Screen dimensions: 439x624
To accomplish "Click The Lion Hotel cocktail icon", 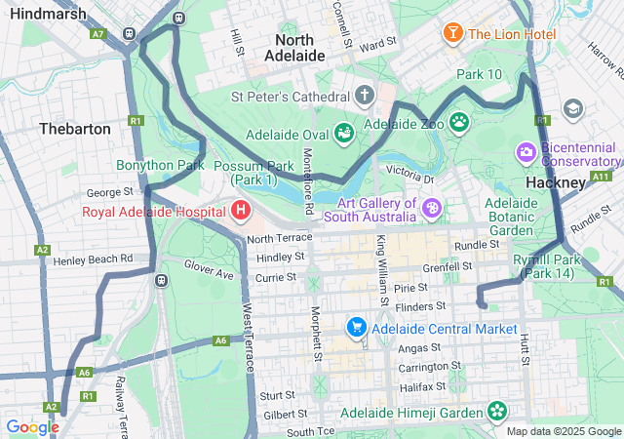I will click(453, 34).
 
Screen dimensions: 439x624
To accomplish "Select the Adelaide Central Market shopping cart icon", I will click(357, 329).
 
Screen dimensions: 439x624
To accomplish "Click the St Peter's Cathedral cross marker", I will click(365, 97).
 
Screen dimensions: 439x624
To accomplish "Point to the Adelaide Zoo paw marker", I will click(458, 124).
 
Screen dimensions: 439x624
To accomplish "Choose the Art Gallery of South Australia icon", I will click(432, 209).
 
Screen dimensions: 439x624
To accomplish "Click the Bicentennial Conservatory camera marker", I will click(526, 152).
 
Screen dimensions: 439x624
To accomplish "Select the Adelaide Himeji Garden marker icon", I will click(498, 412).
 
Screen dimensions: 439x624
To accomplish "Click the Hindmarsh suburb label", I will click(44, 14).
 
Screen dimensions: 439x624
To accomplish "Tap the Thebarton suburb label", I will click(75, 129).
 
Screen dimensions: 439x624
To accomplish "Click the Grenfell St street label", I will click(448, 265).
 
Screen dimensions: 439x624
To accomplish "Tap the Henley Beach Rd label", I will click(93, 259).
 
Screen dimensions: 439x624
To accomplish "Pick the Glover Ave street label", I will click(209, 269).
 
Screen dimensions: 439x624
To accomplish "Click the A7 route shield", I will click(97, 33).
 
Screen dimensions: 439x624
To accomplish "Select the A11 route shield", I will click(601, 177).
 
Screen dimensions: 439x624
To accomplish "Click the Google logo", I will click(32, 426).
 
